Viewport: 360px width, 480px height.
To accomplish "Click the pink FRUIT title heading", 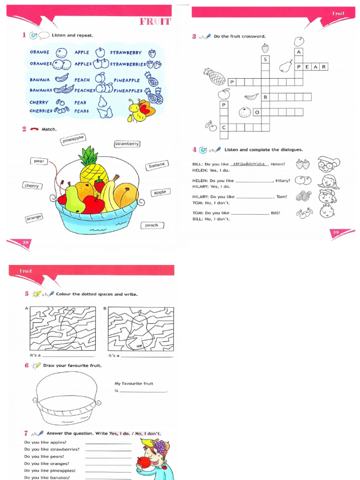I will [155, 22].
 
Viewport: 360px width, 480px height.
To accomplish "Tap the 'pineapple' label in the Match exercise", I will [73, 139].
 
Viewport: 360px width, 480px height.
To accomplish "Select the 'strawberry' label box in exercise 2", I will [127, 144].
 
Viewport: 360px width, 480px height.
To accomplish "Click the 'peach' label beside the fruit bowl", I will [151, 225].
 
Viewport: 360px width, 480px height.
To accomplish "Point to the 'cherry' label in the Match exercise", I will [32, 186].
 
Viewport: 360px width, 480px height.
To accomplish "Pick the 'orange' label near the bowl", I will [34, 217].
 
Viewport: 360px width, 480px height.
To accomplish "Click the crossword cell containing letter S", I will [265, 60].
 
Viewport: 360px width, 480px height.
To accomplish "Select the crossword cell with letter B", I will [265, 97].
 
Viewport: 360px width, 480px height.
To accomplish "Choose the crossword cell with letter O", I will [257, 112].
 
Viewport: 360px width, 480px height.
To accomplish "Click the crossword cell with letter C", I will [224, 127].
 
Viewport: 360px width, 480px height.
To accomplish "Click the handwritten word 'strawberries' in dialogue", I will [249, 164].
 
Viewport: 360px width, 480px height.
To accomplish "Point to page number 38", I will [26, 242].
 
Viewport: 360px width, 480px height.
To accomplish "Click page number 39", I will [335, 232].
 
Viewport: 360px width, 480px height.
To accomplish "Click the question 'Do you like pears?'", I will [44, 456].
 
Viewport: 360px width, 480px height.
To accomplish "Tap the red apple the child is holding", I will [144, 463].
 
